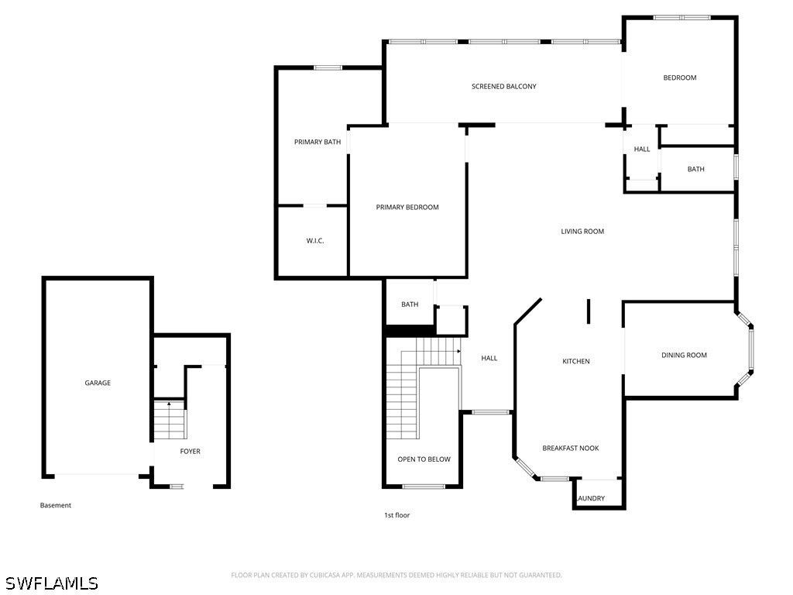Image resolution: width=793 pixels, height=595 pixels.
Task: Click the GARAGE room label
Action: point(98,383)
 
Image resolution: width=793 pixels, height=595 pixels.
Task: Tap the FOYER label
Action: point(191,452)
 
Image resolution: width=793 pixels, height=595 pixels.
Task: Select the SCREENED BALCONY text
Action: point(503,87)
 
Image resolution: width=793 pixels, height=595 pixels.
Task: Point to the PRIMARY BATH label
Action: point(318,143)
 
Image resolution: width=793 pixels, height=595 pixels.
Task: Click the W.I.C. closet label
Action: point(315,241)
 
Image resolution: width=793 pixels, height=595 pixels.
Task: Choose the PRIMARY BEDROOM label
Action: point(407,208)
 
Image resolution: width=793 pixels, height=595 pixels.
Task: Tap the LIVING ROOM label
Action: point(582,232)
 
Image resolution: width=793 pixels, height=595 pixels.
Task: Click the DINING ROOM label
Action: point(685,355)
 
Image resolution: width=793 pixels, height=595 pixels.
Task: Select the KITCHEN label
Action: point(576,361)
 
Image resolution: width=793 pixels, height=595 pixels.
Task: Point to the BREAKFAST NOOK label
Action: point(571,449)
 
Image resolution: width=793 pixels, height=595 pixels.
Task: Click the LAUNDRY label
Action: point(591,498)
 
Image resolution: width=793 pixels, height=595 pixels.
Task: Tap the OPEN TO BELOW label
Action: point(424,459)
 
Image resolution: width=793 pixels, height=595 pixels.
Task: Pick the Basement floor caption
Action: point(56,505)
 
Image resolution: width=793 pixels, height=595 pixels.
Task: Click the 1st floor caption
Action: point(397,515)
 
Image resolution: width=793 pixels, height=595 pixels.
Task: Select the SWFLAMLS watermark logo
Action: point(51,583)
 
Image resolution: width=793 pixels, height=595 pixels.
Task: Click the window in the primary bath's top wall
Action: point(328,67)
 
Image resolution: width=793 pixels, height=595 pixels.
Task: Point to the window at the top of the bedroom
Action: point(681,18)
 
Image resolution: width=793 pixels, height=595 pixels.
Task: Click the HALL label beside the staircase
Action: point(489,358)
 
